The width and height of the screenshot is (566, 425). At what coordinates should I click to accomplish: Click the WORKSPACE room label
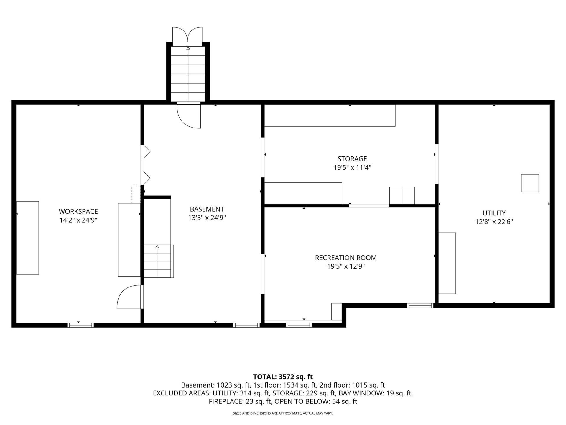[x=78, y=211]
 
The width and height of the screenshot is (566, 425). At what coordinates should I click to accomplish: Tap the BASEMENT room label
[x=207, y=209]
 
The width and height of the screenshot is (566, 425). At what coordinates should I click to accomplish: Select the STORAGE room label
[x=352, y=159]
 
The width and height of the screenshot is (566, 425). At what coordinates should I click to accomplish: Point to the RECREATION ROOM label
[x=346, y=258]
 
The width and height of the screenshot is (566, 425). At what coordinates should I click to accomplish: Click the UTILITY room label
[x=494, y=213]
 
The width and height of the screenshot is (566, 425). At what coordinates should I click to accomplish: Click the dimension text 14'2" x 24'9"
[x=78, y=220]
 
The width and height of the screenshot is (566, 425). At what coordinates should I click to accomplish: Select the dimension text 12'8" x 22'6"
[x=494, y=222]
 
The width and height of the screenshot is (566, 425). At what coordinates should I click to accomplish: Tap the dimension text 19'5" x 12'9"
[x=346, y=266]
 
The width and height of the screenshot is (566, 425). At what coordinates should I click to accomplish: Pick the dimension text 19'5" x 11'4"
[x=352, y=168]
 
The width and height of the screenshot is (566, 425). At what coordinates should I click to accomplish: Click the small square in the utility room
[x=530, y=183]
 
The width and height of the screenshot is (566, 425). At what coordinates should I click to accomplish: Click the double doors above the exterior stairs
[x=187, y=35]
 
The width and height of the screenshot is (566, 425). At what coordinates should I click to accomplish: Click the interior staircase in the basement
[x=159, y=261]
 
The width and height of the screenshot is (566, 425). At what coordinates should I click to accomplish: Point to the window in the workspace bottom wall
[x=80, y=325]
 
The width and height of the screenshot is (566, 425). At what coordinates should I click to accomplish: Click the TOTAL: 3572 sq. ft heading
[x=283, y=377]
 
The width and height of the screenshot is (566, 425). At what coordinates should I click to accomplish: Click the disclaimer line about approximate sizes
[x=283, y=413]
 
